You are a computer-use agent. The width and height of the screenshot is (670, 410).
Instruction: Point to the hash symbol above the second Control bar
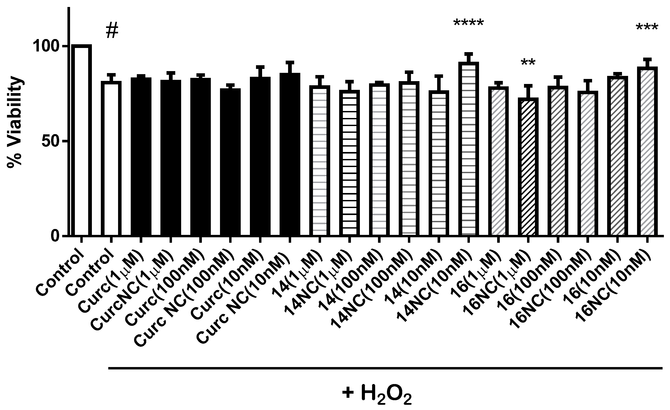point(112,31)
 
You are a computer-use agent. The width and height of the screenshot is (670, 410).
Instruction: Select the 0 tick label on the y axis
point(56,236)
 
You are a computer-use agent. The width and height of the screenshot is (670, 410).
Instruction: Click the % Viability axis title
point(15,122)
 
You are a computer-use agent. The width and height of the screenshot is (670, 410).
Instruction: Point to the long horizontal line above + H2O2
point(385,368)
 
